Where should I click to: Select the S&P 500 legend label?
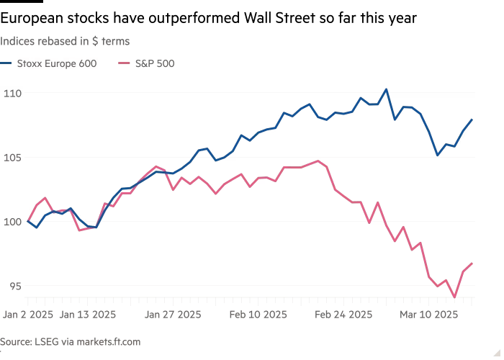click(154, 63)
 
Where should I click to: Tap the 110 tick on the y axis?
click(13, 93)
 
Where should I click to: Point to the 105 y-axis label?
click(13, 157)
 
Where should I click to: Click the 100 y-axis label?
click(13, 221)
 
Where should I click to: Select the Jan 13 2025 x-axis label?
click(87, 315)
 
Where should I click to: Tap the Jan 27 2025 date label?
click(173, 315)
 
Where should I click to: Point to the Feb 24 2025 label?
click(343, 315)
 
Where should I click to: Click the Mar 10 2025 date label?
click(429, 315)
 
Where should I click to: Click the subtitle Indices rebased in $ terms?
click(65, 41)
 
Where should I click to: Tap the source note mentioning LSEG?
click(70, 342)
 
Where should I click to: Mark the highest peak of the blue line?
click(386, 90)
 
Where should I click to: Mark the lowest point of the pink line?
click(454, 296)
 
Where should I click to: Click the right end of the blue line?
click(472, 120)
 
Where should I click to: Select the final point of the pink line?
click(472, 264)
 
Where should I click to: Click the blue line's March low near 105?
click(437, 154)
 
